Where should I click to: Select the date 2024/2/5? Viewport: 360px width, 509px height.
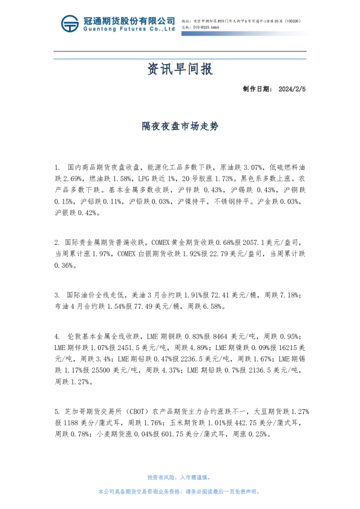293,89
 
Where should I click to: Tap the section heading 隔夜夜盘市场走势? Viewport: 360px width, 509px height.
180,126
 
